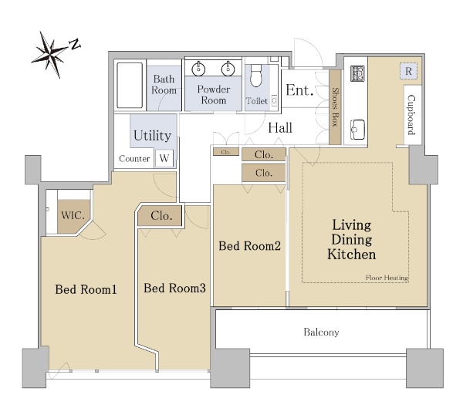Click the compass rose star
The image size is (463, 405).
[51, 55]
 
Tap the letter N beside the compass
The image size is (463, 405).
[75, 44]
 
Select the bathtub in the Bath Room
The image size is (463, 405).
[130, 86]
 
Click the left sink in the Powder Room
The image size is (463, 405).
[198, 69]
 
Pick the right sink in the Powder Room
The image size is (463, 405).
[228, 69]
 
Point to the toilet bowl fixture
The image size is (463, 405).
[256, 76]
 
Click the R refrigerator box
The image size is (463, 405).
[409, 71]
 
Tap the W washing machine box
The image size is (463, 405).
[164, 158]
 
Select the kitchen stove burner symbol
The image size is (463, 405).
[357, 73]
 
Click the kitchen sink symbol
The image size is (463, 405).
[357, 130]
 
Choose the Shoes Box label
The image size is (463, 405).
[335, 107]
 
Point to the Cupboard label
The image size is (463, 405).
[411, 114]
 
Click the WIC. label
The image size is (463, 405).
[73, 215]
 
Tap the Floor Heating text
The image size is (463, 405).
[387, 278]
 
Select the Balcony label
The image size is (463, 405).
[321, 332]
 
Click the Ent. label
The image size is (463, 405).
[299, 90]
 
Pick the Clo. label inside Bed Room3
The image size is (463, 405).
[161, 216]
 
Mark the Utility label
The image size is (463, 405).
[152, 136]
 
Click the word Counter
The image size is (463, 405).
[134, 159]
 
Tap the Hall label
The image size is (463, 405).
[280, 128]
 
